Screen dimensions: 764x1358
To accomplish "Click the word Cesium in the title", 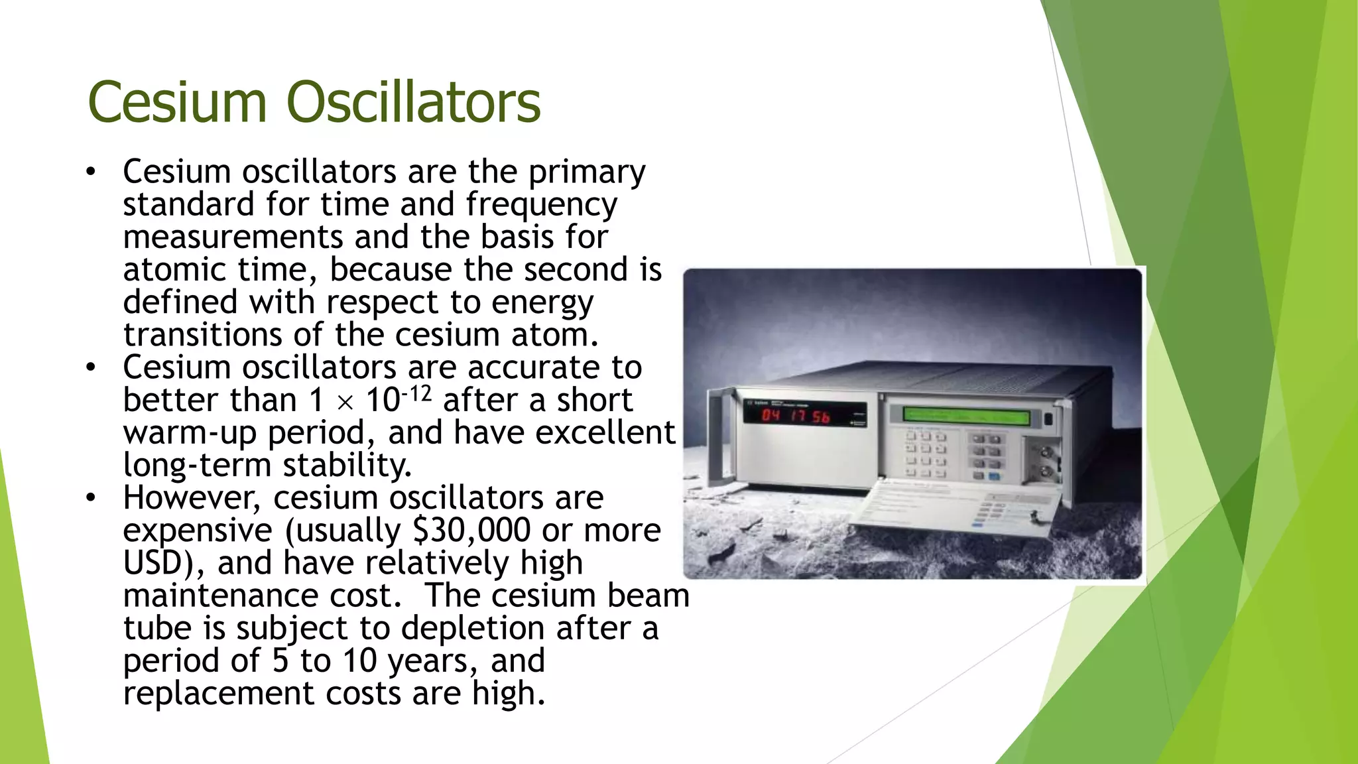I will [176, 102].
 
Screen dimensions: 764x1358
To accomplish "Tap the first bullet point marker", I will [91, 172].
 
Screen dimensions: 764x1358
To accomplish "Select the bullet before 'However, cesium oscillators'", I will [91, 498].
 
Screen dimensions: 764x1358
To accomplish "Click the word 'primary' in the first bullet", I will [586, 172].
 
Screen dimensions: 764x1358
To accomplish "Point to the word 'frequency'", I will [541, 205].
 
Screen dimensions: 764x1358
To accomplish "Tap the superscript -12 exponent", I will [416, 394].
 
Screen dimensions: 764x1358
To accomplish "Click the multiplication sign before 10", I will [345, 402].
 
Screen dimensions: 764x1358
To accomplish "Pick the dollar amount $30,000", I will [471, 530].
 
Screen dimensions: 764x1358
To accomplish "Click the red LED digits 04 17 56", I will [795, 416].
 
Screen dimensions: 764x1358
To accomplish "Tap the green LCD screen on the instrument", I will [965, 416].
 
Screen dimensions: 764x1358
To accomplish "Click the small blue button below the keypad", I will [994, 476].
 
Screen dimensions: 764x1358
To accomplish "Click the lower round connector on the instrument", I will [1046, 473].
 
